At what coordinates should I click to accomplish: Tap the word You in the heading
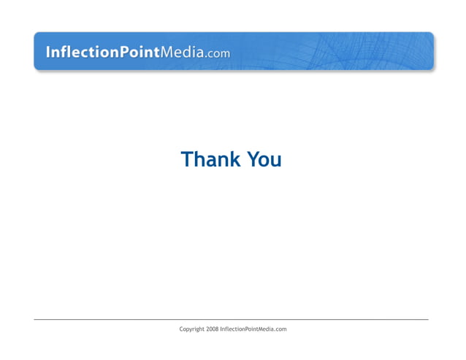point(264,159)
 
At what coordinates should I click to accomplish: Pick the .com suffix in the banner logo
point(218,53)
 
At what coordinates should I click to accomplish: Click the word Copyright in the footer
point(191,329)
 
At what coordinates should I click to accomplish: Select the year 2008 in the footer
point(212,329)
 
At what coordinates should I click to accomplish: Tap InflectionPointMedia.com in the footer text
point(253,329)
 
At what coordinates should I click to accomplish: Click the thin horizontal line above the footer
point(231,319)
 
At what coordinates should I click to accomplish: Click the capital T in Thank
point(186,159)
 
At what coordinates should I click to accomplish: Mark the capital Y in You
point(253,159)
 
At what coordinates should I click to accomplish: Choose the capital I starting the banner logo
point(48,53)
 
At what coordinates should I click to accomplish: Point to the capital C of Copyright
point(182,329)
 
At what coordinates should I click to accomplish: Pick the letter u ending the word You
point(276,161)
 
